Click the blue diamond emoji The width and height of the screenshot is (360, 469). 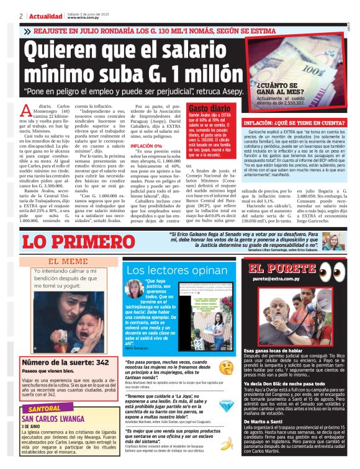227,404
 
